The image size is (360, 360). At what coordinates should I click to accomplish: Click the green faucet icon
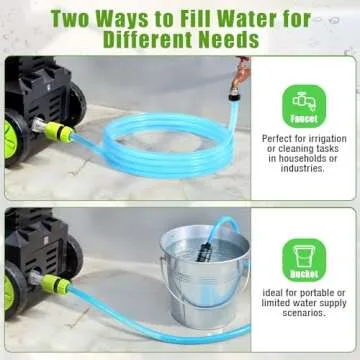click(304, 106)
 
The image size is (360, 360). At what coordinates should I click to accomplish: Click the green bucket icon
click(304, 260)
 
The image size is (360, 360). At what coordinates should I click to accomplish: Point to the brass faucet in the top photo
click(239, 76)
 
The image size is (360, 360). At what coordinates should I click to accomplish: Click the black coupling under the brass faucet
click(234, 97)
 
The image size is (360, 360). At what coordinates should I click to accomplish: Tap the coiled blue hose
click(167, 142)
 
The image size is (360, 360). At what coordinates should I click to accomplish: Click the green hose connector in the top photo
click(59, 133)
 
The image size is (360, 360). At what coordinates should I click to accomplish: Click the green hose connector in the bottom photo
click(56, 284)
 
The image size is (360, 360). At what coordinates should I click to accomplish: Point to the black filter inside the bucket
click(204, 251)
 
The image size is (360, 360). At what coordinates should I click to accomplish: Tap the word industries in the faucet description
click(302, 168)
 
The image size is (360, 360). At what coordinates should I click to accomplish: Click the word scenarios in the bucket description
click(304, 313)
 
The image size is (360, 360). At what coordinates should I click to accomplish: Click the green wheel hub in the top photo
click(10, 139)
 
